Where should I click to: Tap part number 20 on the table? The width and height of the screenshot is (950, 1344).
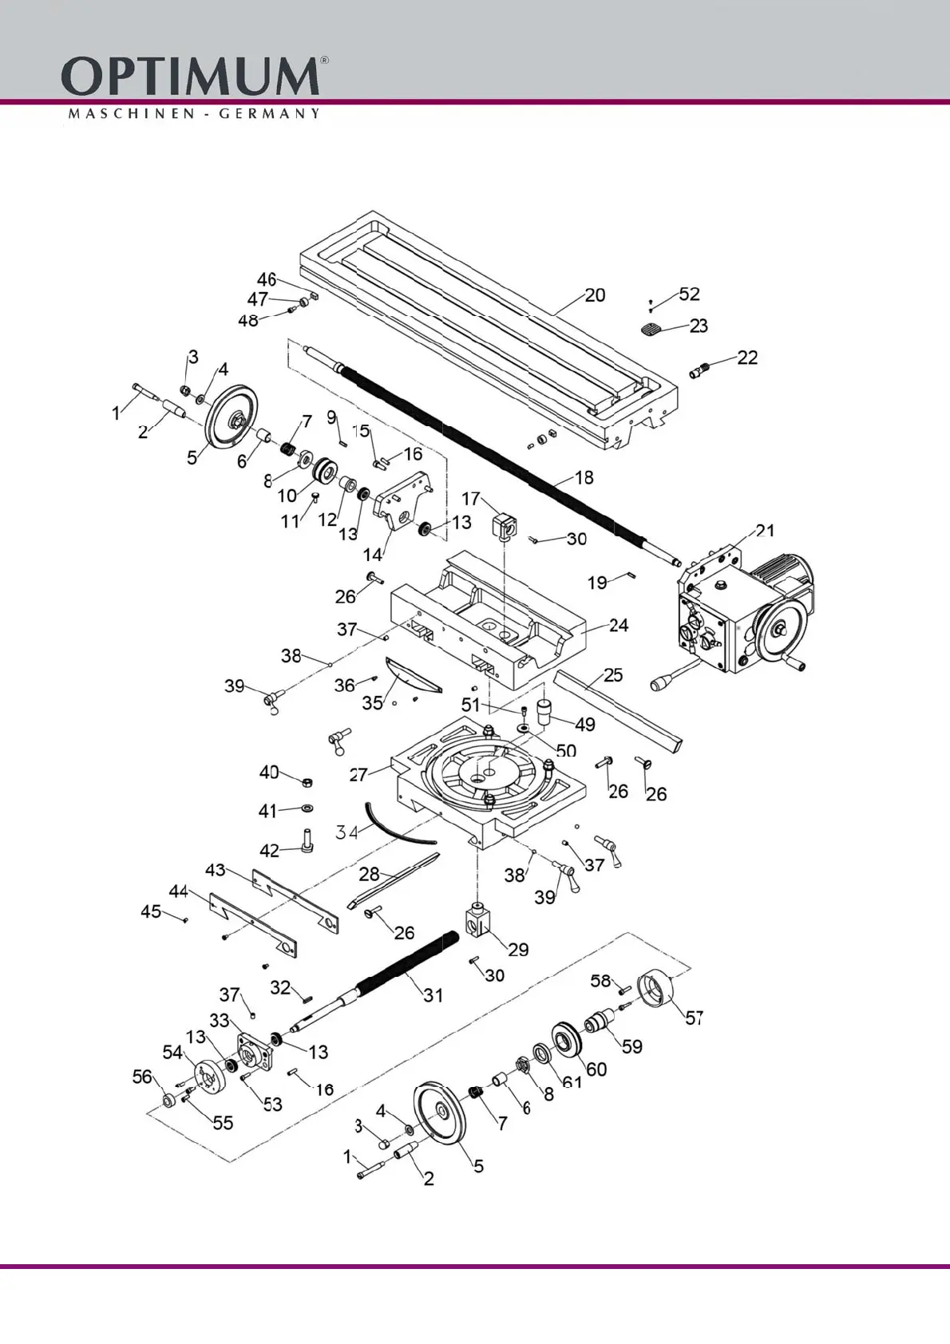595,295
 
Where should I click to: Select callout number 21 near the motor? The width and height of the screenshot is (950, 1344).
765,531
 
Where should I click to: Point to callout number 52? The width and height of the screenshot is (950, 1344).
689,294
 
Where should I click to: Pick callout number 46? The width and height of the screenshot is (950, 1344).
267,279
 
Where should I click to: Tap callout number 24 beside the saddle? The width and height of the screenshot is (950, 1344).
619,625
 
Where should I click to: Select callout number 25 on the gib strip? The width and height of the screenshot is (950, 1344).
613,675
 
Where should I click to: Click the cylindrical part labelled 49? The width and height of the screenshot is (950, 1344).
545,710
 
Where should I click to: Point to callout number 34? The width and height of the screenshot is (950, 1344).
346,832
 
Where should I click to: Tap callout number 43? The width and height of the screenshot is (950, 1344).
216,869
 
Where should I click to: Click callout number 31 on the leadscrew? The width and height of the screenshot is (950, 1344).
433,995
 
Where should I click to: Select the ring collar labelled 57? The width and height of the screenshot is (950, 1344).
656,990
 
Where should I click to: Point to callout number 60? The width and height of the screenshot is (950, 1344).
596,1069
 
